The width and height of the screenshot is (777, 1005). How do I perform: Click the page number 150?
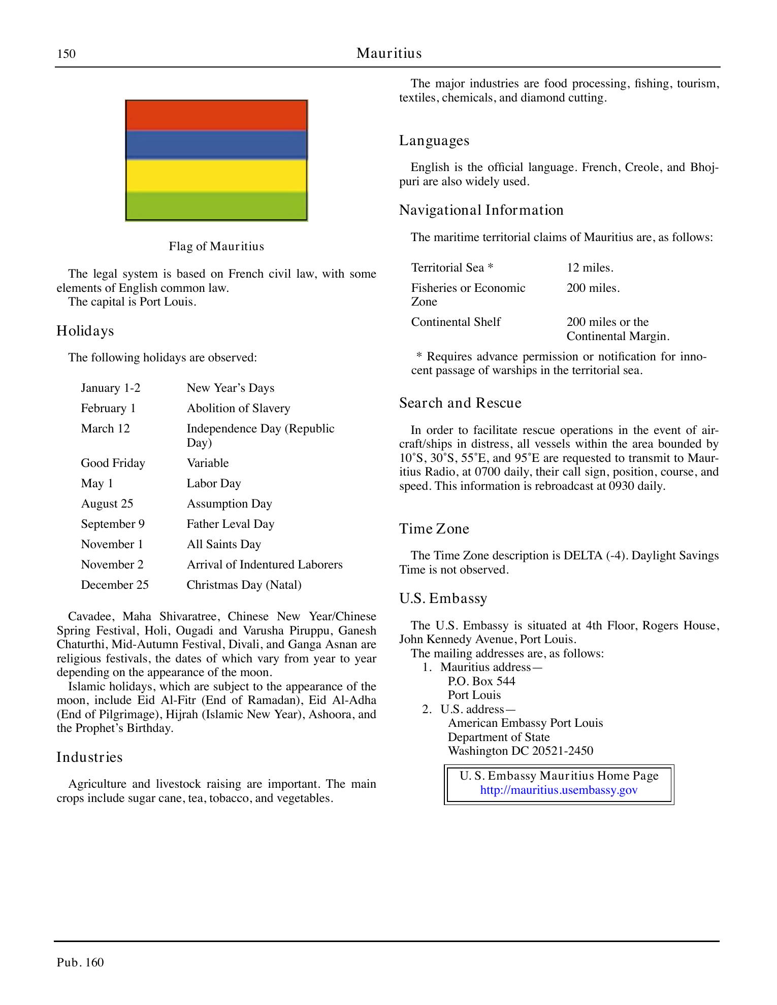[66, 54]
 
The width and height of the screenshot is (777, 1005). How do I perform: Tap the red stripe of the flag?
[216, 116]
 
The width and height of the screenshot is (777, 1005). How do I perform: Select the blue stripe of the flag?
[216, 145]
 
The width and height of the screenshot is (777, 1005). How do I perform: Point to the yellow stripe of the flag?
[216, 176]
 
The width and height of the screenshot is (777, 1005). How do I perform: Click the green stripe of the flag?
[216, 206]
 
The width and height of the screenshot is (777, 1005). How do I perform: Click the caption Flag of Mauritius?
[216, 247]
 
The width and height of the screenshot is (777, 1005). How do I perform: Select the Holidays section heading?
[85, 331]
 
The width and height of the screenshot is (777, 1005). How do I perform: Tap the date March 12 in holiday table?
[105, 429]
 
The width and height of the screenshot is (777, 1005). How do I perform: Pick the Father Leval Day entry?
[230, 524]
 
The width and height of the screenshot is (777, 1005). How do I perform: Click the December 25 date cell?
[115, 585]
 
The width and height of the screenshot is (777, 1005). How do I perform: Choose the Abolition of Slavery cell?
[238, 409]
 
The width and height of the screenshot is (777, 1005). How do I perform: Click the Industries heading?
[89, 757]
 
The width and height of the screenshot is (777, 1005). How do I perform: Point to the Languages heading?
[434, 141]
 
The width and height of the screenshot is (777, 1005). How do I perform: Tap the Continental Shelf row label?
[456, 322]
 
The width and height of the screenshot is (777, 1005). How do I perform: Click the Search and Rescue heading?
[460, 403]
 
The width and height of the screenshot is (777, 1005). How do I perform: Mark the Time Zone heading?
[434, 529]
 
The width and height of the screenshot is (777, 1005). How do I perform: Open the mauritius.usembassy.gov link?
[559, 790]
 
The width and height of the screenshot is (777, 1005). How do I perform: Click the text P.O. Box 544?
[481, 682]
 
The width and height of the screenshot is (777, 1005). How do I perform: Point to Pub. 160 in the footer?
[80, 962]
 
